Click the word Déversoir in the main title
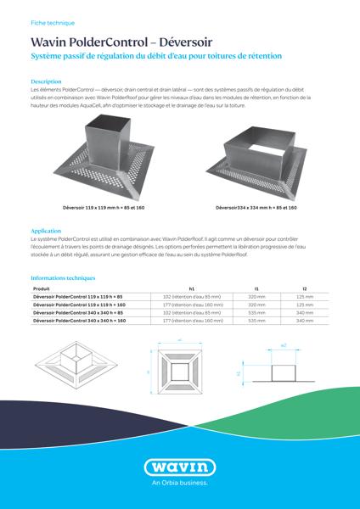pyautogui.click(x=183, y=41)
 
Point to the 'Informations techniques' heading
pyautogui.click(x=63, y=277)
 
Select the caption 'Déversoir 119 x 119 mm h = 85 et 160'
pyautogui.click(x=104, y=207)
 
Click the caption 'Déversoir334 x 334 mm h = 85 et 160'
pyautogui.click(x=256, y=207)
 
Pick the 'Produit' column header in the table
pyautogui.click(x=42, y=289)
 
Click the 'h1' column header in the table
pyautogui.click(x=192, y=289)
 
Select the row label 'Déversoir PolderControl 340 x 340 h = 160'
pyautogui.click(x=79, y=322)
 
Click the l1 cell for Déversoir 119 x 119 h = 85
pyautogui.click(x=256, y=297)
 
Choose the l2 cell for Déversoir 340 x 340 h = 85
pyautogui.click(x=304, y=313)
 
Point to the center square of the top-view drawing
pyautogui.click(x=181, y=371)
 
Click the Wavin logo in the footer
pyautogui.click(x=179, y=467)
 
